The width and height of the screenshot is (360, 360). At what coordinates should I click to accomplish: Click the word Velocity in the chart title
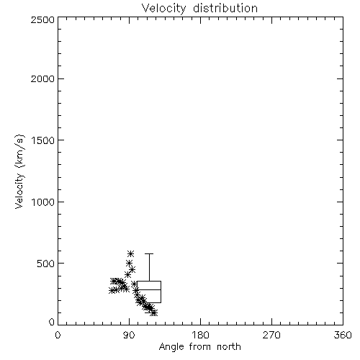[164, 9]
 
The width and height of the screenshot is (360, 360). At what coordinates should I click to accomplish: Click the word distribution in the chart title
[225, 8]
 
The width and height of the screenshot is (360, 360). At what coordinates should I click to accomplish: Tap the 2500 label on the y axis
[42, 19]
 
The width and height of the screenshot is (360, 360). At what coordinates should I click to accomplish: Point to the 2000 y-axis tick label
[42, 78]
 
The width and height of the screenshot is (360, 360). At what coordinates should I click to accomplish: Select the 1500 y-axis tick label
[43, 140]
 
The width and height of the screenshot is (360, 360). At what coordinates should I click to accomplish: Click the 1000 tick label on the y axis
[43, 202]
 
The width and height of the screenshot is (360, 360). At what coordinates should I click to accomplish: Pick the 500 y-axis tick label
[46, 264]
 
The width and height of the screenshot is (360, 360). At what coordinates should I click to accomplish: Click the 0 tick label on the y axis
[52, 322]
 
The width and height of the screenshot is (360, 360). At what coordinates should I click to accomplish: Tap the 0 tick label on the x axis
[58, 335]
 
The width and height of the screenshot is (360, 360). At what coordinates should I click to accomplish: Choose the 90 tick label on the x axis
[129, 335]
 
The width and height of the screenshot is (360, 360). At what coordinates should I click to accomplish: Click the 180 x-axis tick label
[200, 335]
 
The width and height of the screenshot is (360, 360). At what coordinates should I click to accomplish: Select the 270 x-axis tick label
[271, 335]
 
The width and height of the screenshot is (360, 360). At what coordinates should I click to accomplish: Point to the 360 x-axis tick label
[343, 335]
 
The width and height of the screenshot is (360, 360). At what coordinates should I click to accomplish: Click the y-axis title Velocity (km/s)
[19, 171]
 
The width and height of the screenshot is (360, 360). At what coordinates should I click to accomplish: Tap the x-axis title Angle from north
[199, 347]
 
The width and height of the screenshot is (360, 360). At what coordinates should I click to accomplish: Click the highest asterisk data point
[131, 253]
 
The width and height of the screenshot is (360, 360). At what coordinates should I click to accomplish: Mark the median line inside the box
[149, 289]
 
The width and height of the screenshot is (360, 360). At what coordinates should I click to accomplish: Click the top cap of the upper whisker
[149, 253]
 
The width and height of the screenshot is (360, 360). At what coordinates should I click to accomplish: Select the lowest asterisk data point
[154, 312]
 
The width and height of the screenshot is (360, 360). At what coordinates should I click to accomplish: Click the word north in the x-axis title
[229, 346]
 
